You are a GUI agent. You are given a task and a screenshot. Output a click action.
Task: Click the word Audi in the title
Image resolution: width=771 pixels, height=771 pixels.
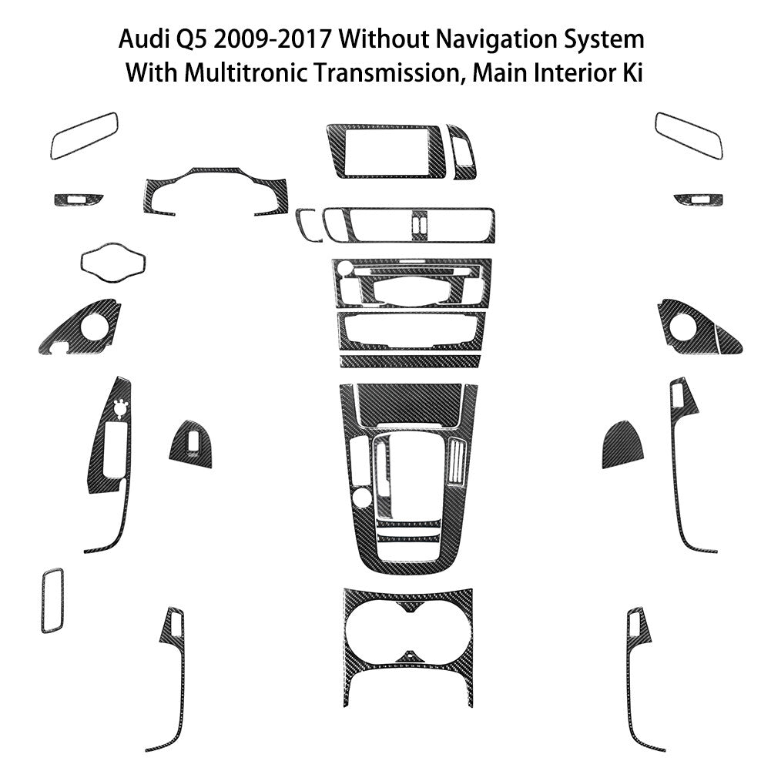[x=140, y=39]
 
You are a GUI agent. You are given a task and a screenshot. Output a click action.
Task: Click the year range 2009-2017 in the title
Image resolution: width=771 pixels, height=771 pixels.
[x=272, y=39]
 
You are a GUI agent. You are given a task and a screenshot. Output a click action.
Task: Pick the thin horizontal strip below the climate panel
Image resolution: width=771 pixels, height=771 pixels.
[x=411, y=361]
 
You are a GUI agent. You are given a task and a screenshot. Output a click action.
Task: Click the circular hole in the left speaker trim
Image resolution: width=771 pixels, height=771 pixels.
[x=94, y=327]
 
